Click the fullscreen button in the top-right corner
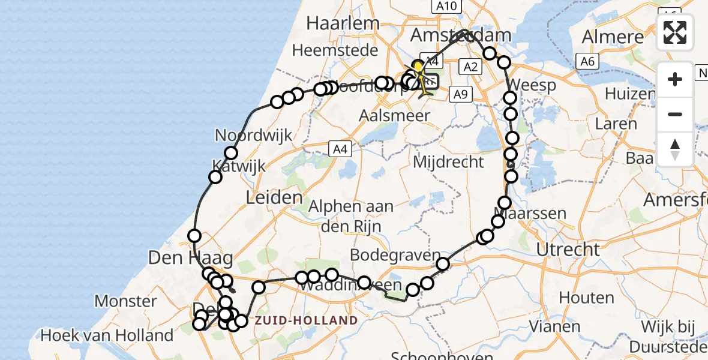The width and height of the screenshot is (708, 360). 675,32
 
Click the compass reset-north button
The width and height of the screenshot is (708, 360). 675,149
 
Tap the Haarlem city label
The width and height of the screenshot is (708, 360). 343,23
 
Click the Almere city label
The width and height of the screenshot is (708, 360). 613,37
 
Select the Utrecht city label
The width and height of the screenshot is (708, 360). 568,248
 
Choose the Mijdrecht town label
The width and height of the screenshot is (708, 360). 449,161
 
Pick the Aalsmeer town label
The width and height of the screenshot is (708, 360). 395,115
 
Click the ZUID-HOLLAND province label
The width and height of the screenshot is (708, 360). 306,320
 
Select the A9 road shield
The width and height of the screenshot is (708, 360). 460,94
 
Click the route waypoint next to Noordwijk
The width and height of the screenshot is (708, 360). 231,153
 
